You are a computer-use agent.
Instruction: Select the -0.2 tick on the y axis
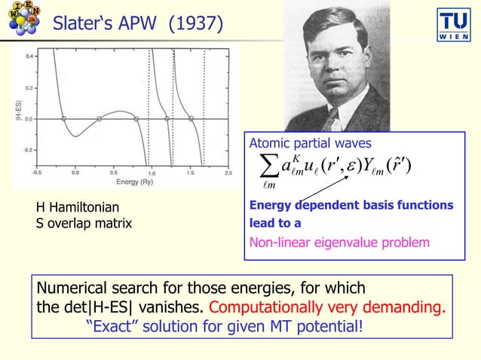(x=26, y=150)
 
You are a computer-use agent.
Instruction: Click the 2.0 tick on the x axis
(x=228, y=172)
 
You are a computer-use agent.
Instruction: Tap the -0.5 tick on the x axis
(x=37, y=172)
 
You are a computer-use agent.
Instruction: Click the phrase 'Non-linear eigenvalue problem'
(x=339, y=243)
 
